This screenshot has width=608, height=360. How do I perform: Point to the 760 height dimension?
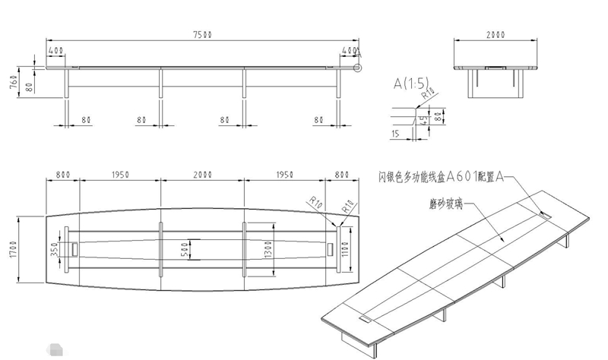tap(13, 82)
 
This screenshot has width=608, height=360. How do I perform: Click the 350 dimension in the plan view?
tap(54, 249)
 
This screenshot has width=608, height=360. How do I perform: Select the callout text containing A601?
tap(441, 177)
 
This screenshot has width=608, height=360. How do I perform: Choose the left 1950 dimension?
tap(120, 175)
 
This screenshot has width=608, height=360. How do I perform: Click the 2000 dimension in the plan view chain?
tap(202, 175)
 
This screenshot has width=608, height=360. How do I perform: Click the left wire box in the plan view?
tap(76, 249)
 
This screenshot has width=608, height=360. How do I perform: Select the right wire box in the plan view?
tap(329, 249)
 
